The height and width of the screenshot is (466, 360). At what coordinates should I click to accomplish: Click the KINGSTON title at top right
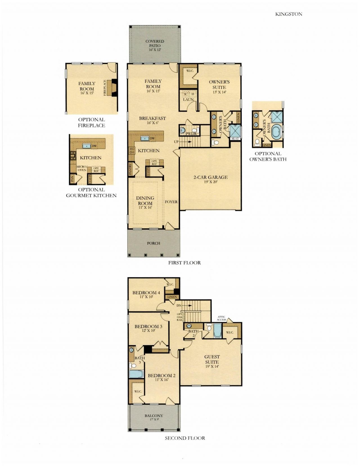[x=289, y=14]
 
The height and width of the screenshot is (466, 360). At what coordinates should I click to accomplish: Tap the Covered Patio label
[x=154, y=44]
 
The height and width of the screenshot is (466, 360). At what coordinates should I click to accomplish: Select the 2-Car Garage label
[x=210, y=177]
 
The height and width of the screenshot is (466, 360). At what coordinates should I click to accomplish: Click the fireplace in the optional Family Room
[x=114, y=88]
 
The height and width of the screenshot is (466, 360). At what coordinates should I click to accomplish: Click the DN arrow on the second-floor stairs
[x=188, y=305]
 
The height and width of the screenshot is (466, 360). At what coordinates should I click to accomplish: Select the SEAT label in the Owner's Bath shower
[x=235, y=139]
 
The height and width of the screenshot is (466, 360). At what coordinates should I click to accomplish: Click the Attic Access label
[x=222, y=318]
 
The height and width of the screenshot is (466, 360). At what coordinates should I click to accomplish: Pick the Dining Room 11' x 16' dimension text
[x=145, y=207]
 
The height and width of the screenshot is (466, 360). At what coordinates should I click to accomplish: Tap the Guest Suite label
[x=212, y=359]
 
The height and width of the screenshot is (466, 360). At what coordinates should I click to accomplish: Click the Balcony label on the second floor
[x=154, y=416]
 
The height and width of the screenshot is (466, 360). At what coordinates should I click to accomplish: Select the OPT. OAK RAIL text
[x=180, y=317]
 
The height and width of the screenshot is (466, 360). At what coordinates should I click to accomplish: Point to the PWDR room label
[x=191, y=134]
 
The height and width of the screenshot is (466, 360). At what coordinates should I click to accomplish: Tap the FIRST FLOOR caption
[x=184, y=263]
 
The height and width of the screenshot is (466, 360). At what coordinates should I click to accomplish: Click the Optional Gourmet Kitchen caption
[x=91, y=192]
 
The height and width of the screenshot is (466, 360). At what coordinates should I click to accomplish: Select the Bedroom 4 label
[x=146, y=293]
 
